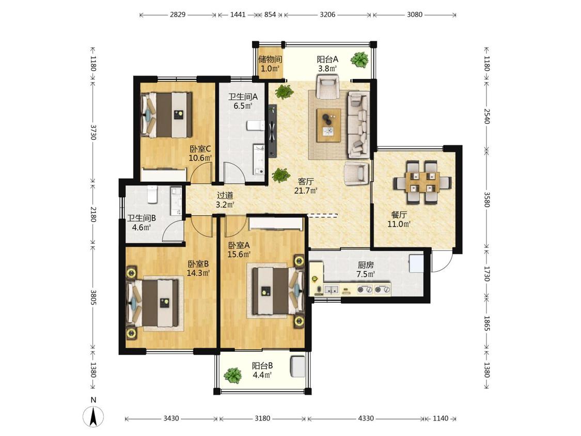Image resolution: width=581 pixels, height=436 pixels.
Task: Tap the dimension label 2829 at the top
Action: [178, 14]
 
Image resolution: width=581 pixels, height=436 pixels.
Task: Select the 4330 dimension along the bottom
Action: [366, 418]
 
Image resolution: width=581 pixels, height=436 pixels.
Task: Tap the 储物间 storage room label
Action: [270, 59]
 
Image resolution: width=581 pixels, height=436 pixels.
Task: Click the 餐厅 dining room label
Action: [399, 215]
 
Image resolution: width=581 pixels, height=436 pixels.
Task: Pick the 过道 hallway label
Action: [225, 195]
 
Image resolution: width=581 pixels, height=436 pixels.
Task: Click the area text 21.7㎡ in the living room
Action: [306, 191]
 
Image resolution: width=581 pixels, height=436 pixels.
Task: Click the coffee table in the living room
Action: [328, 126]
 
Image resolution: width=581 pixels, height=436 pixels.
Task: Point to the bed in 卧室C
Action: [166, 115]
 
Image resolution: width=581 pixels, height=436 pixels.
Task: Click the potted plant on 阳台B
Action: [233, 376]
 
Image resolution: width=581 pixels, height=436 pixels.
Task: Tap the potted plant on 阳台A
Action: [359, 59]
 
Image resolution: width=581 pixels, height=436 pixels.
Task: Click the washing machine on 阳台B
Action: [297, 366]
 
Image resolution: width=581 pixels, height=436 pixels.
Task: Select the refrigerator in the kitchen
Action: [416, 264]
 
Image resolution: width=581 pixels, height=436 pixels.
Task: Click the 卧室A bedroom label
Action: [239, 245]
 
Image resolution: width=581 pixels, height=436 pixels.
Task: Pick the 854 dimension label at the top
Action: [270, 14]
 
